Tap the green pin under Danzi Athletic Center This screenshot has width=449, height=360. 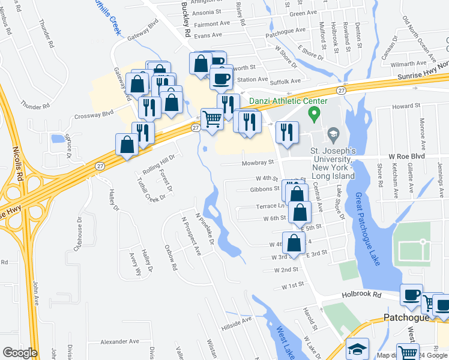[x=313, y=113]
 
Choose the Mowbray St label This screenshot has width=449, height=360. [x=259, y=162]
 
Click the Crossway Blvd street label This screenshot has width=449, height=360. [x=93, y=115]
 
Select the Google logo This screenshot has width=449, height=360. [x=20, y=353]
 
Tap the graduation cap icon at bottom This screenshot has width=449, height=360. [x=358, y=349]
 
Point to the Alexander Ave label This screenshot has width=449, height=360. [x=119, y=341]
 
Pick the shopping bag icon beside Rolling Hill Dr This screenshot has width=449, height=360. [x=127, y=145]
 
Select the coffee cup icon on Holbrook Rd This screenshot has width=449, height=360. [x=411, y=295]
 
